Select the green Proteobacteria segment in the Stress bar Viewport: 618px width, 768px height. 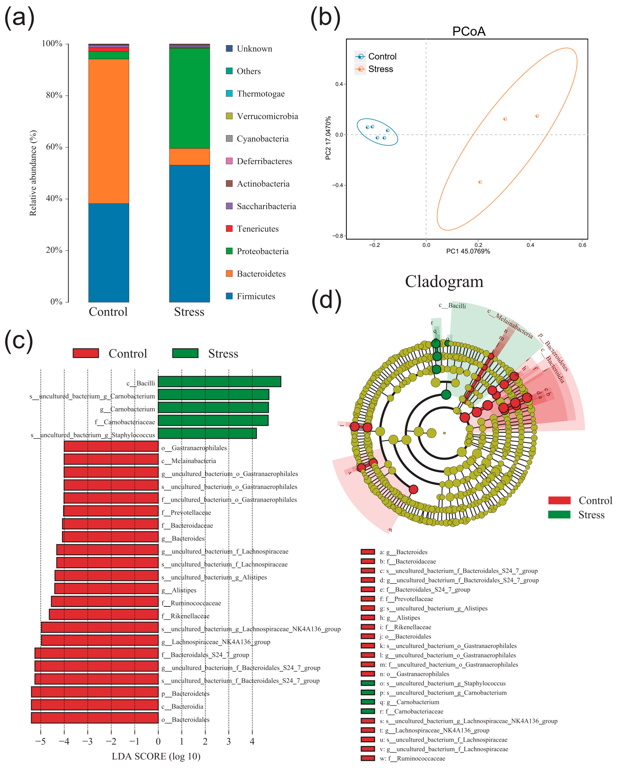[x=189, y=98]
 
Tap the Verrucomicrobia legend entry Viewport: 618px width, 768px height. [x=267, y=116]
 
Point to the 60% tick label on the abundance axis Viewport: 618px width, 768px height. [x=54, y=147]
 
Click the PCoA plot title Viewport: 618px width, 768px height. [x=468, y=31]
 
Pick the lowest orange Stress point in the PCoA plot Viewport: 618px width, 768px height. [x=480, y=182]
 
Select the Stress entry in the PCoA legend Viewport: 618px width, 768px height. [x=380, y=69]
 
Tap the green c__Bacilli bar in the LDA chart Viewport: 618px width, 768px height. [x=219, y=381]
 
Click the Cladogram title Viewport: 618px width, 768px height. [x=444, y=281]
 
